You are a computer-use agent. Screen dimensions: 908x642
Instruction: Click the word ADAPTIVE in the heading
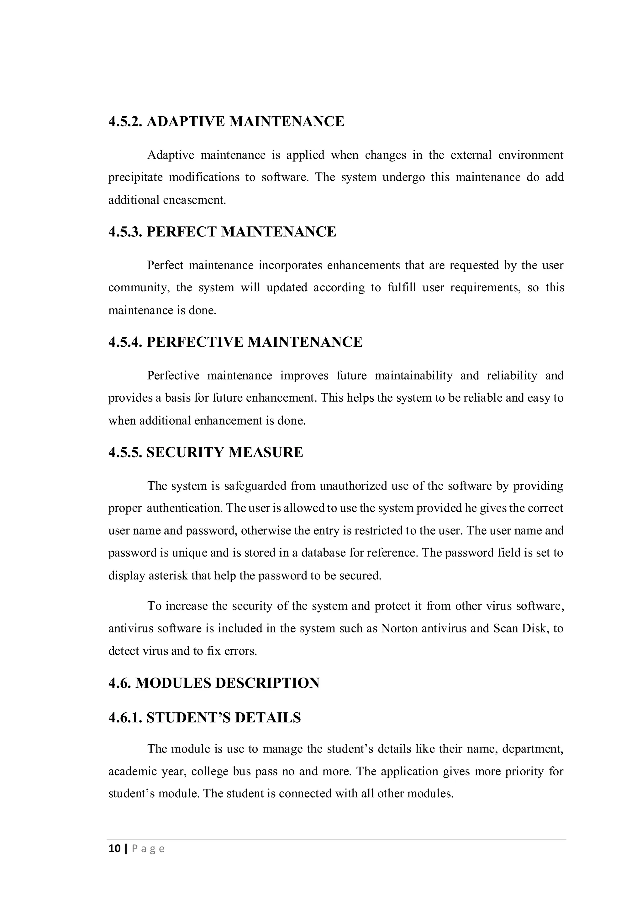click(186, 121)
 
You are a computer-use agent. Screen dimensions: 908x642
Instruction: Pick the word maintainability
click(413, 375)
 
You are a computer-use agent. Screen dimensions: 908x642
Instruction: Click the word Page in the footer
click(148, 849)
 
